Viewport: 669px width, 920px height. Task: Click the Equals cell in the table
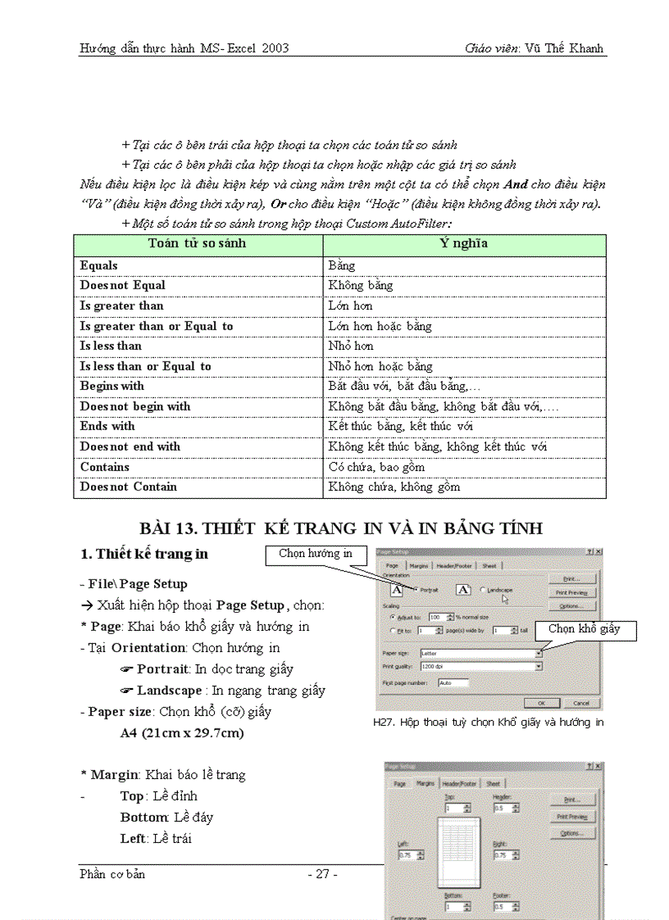point(99,265)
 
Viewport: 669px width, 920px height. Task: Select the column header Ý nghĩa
point(464,243)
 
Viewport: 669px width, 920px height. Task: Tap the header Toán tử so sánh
point(197,243)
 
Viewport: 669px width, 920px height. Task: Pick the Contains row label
point(105,467)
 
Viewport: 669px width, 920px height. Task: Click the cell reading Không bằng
point(361,286)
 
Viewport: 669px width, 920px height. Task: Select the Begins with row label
point(112,386)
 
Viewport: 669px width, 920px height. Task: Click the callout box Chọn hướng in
point(316,555)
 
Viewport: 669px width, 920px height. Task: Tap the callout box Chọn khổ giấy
point(585,629)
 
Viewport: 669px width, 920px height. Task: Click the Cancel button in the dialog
point(580,703)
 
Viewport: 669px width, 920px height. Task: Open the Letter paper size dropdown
point(539,653)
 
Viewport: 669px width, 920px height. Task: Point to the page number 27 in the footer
point(322,874)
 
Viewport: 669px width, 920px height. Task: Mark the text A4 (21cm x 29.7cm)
point(182,733)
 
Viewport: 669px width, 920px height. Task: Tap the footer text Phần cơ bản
point(112,874)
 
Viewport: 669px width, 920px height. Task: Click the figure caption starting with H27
point(488,723)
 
